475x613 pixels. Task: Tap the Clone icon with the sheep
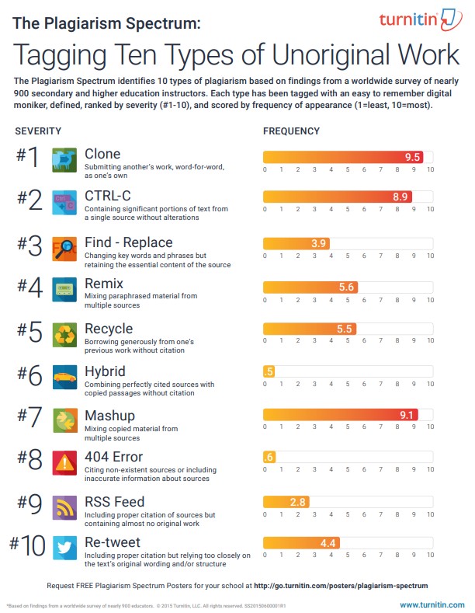(x=63, y=158)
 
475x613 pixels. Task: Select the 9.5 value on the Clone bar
(x=413, y=157)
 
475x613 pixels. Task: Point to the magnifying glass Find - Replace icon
(x=63, y=249)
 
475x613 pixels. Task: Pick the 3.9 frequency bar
(x=296, y=243)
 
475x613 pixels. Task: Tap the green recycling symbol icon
(x=63, y=335)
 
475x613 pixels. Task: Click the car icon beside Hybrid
(x=63, y=378)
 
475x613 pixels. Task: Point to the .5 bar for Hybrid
(x=269, y=372)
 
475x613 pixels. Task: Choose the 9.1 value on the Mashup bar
(x=407, y=416)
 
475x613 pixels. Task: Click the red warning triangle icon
(x=63, y=463)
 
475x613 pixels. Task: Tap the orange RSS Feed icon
(x=63, y=507)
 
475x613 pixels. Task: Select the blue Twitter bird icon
(x=63, y=548)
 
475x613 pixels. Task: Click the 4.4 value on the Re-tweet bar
(x=328, y=543)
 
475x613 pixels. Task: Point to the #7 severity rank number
(x=30, y=418)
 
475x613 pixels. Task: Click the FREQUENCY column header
(x=291, y=131)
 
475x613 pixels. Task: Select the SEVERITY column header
(x=38, y=131)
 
